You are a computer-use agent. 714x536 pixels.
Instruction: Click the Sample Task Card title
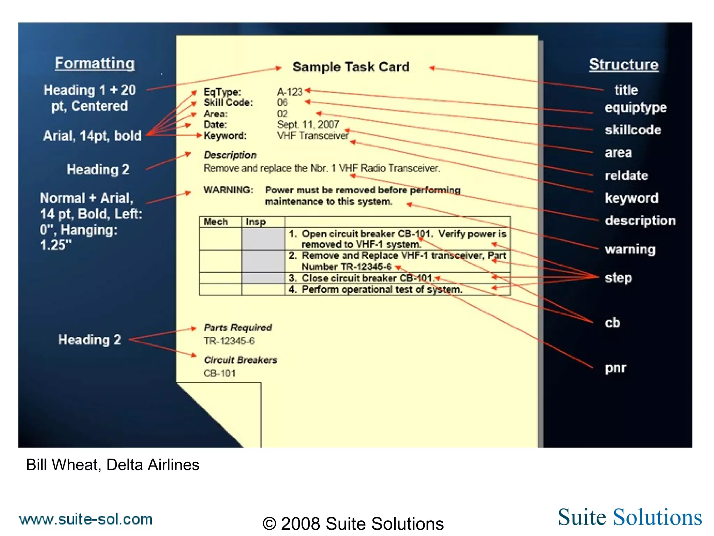point(351,67)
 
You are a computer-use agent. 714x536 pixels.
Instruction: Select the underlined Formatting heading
point(94,64)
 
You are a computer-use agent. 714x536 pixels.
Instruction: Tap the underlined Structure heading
point(624,65)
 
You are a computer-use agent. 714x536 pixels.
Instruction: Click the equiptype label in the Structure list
point(636,108)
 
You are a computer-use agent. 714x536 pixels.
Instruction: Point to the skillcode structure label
point(633,130)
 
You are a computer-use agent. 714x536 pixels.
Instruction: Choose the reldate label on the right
point(626,176)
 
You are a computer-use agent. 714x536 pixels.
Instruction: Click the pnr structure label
point(615,368)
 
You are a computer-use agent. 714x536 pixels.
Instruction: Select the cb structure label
point(613,323)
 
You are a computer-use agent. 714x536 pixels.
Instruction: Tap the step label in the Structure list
point(618,278)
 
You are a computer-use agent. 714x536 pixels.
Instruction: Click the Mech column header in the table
point(215,222)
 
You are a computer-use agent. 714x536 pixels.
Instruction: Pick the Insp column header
point(256,222)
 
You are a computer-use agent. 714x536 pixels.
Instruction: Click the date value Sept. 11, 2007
point(308,124)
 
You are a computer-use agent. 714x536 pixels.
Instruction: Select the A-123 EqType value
point(290,92)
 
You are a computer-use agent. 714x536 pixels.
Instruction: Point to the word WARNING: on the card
point(228,190)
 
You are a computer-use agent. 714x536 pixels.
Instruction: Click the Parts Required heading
point(237,328)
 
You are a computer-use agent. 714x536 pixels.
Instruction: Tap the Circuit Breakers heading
point(240,360)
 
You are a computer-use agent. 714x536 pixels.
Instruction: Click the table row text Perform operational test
point(382,290)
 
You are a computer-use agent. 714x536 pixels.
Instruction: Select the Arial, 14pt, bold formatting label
point(92,136)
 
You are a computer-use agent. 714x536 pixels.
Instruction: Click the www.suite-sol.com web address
point(86,519)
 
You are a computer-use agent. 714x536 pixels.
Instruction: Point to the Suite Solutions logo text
point(630,517)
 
